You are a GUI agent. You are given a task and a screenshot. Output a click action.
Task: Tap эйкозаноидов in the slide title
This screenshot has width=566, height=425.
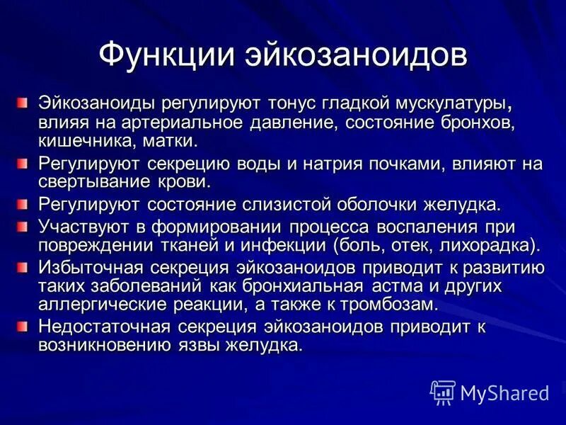356,55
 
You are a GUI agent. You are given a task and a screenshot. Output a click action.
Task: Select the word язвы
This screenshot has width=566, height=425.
197,346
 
